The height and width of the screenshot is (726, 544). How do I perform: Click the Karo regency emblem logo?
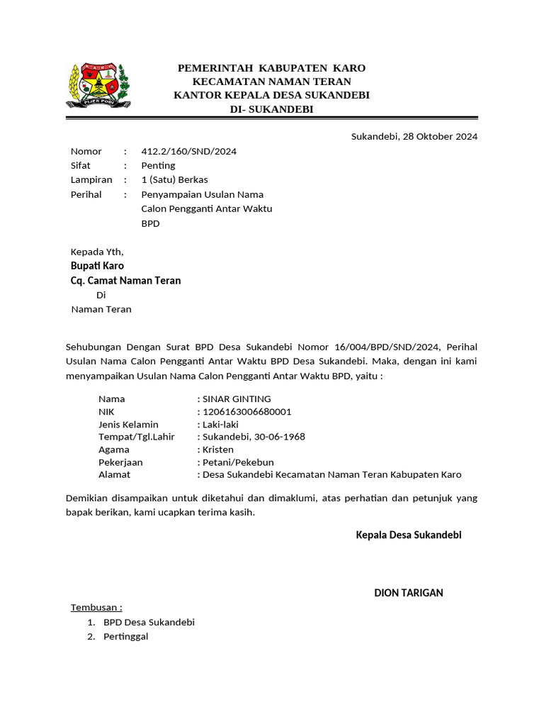(98, 86)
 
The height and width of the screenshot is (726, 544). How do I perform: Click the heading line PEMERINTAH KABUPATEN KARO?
(271, 68)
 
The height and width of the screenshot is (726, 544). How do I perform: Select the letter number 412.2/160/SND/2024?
(189, 151)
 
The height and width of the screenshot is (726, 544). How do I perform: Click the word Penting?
(158, 165)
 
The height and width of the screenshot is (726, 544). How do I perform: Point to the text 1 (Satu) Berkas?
(174, 179)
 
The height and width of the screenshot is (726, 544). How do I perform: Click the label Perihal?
(86, 194)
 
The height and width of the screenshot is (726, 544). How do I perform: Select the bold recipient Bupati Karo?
(97, 266)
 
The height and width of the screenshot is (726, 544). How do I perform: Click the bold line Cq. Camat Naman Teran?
(125, 281)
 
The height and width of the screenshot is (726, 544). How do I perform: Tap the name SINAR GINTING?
(237, 398)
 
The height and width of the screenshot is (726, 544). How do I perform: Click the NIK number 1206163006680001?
(246, 411)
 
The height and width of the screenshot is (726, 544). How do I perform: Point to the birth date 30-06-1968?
(278, 437)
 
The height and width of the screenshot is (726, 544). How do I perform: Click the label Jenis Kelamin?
(128, 424)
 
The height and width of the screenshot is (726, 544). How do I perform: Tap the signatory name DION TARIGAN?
(408, 593)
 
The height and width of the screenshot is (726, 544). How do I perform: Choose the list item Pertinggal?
(126, 637)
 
